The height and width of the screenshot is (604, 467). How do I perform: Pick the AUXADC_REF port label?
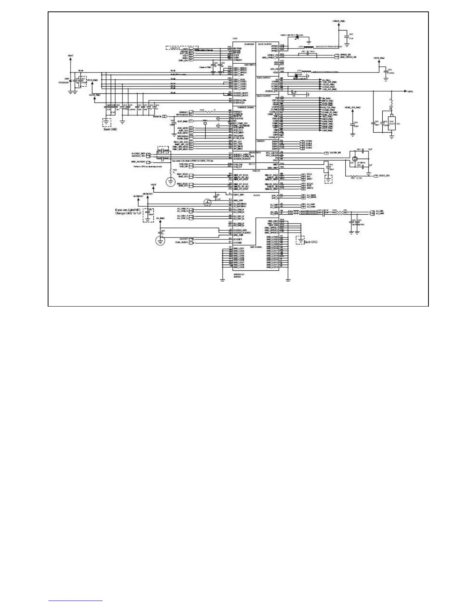click(x=138, y=154)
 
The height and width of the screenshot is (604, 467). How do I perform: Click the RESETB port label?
click(x=158, y=116)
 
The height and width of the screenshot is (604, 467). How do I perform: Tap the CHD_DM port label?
click(x=184, y=164)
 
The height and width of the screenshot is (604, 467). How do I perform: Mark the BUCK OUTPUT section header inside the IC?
click(x=264, y=44)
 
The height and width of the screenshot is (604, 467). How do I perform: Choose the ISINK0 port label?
click(x=309, y=141)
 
